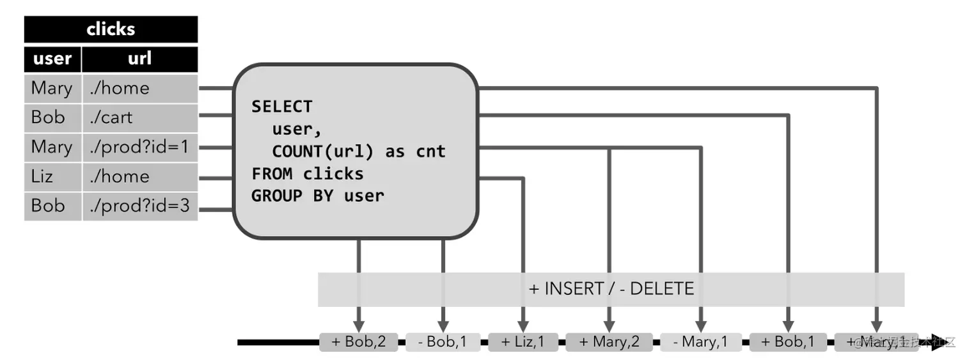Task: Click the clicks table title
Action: [111, 29]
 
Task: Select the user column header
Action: [52, 59]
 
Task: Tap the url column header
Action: [139, 59]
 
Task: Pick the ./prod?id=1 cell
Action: [139, 147]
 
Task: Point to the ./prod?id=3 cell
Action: [139, 206]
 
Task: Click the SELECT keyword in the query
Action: [282, 106]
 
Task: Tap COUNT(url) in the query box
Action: [323, 152]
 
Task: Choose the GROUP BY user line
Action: [318, 196]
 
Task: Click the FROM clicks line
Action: [308, 174]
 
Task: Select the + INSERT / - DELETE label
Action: [611, 289]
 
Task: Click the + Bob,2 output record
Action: [359, 342]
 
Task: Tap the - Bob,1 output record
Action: [443, 342]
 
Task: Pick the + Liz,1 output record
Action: [524, 342]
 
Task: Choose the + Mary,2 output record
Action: [609, 342]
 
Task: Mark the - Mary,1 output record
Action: [701, 342]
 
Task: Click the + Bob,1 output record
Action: [788, 342]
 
